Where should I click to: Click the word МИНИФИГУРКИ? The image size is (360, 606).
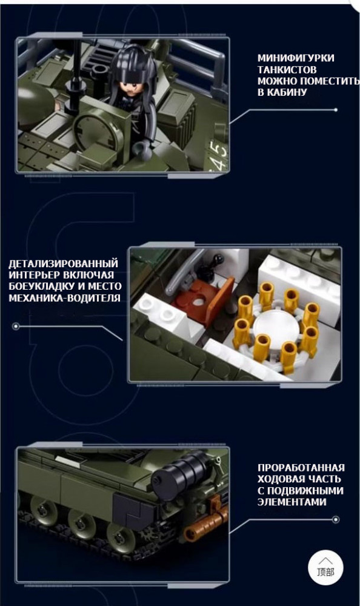click(x=296, y=58)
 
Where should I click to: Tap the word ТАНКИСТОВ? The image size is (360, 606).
click(x=287, y=70)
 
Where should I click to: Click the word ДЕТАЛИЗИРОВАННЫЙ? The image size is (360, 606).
click(x=63, y=264)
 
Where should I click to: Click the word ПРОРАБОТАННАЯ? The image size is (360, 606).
click(x=301, y=468)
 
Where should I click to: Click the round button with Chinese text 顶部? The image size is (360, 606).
click(x=325, y=567)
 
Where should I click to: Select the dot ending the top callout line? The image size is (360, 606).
click(x=336, y=110)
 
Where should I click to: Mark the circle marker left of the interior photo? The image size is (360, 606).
click(x=16, y=327)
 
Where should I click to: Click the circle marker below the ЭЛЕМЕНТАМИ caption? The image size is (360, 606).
click(x=336, y=520)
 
